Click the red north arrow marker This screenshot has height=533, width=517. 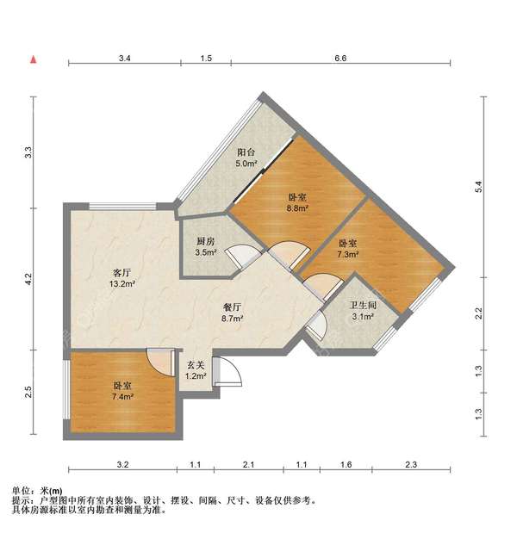pyautogui.click(x=34, y=59)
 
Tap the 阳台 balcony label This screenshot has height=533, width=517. pyautogui.click(x=246, y=152)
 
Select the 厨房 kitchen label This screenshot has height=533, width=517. pyautogui.click(x=206, y=241)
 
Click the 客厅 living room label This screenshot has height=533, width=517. pyautogui.click(x=121, y=273)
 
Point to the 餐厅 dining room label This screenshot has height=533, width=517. pyautogui.click(x=233, y=307)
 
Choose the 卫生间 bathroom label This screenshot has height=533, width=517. pyautogui.click(x=364, y=305)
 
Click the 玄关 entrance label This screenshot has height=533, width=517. pyautogui.click(x=196, y=365)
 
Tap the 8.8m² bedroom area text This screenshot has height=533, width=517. pyautogui.click(x=297, y=208)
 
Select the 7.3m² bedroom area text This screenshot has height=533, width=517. pyautogui.click(x=348, y=254)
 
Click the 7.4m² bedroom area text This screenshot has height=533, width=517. pyautogui.click(x=122, y=396)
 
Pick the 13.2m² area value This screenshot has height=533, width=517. pyautogui.click(x=122, y=283)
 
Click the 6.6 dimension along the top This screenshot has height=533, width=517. pyautogui.click(x=340, y=59)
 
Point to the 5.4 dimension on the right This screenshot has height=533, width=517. pyautogui.click(x=478, y=187)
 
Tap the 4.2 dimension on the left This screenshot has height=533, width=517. pyautogui.click(x=28, y=279)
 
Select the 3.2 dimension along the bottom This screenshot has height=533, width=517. pyautogui.click(x=122, y=464)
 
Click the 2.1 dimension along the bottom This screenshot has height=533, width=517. pyautogui.click(x=249, y=464)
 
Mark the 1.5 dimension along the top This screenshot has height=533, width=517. pyautogui.click(x=206, y=59)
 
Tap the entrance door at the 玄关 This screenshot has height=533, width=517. pyautogui.click(x=227, y=371)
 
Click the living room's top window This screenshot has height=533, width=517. pyautogui.click(x=122, y=207)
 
